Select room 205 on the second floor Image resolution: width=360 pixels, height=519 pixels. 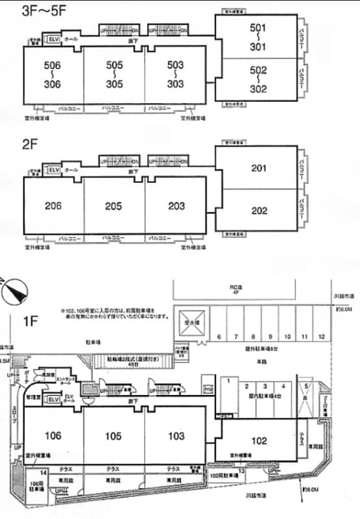pos(114,206)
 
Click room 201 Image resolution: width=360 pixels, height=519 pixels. pos(258,168)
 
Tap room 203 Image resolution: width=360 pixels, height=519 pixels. pos(175,206)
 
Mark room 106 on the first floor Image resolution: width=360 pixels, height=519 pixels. pos(53,435)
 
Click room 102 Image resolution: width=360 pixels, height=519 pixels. pos(258,441)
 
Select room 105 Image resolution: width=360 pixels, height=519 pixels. pos(114,435)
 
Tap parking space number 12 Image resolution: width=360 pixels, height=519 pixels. pos(321,337)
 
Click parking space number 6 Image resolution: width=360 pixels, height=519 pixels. pos(220,337)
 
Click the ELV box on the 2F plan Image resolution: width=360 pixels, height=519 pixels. pos(54,169)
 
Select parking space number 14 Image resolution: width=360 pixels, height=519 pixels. pos(43,474)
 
